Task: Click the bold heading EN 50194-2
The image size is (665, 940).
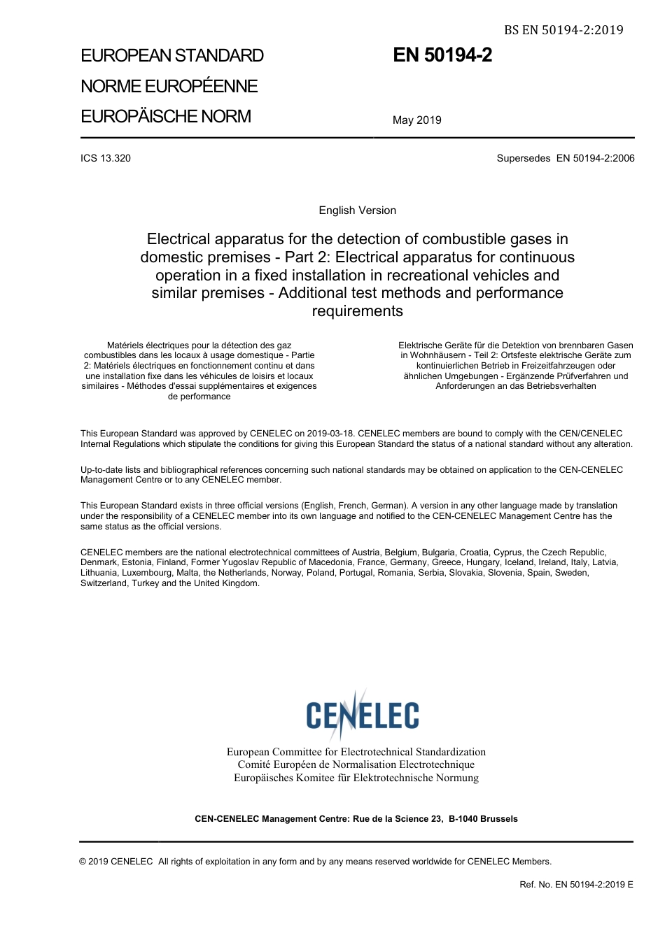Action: (442, 55)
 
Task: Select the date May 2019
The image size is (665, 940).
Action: (416, 120)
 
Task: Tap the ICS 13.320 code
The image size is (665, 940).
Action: (106, 158)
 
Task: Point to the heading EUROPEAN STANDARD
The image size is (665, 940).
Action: (172, 56)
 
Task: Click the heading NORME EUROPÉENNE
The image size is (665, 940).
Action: (169, 86)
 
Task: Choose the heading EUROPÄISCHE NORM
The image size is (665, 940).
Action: (166, 116)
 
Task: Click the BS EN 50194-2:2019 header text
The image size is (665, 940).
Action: (563, 29)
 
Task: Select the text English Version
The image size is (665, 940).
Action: (357, 211)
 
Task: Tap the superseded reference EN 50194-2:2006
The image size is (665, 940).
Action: (595, 158)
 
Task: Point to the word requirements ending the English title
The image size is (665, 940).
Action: (357, 311)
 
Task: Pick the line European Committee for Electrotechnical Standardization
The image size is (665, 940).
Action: (356, 752)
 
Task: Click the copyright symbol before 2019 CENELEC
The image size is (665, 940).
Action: (83, 862)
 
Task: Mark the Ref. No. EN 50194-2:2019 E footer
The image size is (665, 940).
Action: (576, 885)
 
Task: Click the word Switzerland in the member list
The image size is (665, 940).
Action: (104, 583)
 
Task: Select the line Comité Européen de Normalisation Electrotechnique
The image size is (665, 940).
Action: (356, 764)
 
